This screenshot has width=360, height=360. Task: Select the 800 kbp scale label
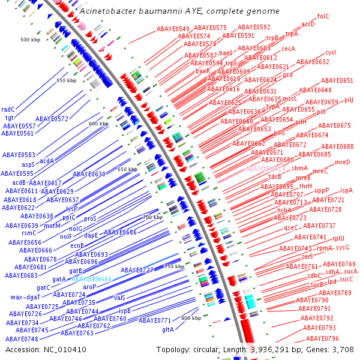[191, 318]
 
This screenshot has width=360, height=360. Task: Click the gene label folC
[323, 16]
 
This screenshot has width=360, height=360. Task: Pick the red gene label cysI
[331, 53]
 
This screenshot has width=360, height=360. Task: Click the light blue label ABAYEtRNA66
[91, 279]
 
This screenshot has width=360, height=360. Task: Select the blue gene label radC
[8, 109]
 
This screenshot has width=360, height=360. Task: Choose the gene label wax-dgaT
[25, 297]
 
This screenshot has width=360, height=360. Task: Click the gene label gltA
[168, 329]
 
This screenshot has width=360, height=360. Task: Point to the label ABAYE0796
[322, 338]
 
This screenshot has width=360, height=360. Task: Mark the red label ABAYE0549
[173, 29]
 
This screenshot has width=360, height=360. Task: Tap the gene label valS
[119, 298]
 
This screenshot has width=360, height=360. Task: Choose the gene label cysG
[342, 247]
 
